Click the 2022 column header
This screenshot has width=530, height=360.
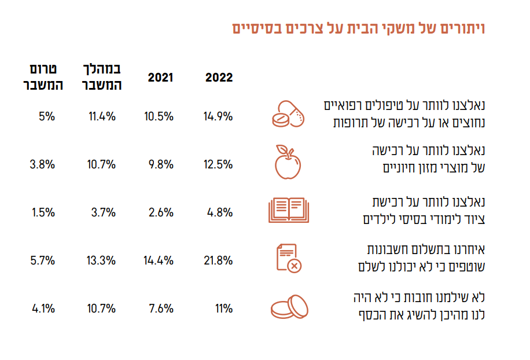click(x=219, y=78)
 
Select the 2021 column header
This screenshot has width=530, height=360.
click(x=160, y=78)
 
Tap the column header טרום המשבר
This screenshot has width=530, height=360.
click(x=42, y=78)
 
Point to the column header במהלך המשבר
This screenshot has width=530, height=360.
click(x=102, y=78)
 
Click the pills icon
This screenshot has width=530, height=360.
click(x=288, y=115)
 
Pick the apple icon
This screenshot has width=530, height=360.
click(x=288, y=162)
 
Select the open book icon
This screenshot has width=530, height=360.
click(x=288, y=211)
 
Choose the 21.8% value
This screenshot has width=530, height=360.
click(x=218, y=260)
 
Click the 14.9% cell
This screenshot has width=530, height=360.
click(x=218, y=116)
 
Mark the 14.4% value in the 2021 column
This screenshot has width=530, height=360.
click(x=159, y=260)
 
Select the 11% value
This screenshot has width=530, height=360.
click(x=223, y=308)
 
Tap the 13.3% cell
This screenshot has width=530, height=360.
click(x=102, y=260)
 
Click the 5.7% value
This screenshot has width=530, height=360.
click(x=43, y=260)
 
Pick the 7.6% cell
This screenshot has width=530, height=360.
click(x=161, y=308)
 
